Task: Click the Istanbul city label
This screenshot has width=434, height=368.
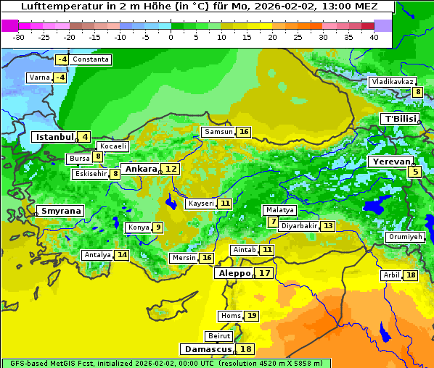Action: point(54,137)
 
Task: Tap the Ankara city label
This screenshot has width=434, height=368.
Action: point(141,169)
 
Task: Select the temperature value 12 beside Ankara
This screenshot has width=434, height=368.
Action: point(171,169)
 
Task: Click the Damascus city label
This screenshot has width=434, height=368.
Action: point(208,349)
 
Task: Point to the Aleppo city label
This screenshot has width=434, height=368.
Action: point(233,274)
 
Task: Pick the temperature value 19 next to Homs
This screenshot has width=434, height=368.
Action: point(251,316)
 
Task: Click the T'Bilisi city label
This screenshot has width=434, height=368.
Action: point(400,119)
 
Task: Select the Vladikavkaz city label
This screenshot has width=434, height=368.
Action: point(392,82)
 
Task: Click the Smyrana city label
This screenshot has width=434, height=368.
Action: point(61,211)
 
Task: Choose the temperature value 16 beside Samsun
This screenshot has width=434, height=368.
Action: point(243,132)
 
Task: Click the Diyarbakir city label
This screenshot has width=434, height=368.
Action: point(299,226)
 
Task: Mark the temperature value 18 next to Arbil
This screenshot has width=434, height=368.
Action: point(411,275)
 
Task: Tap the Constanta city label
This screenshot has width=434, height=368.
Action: point(91,59)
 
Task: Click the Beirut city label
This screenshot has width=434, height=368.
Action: point(219,336)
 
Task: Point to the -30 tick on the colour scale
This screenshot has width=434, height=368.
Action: point(19,37)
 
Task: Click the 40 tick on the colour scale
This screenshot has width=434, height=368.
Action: point(374,37)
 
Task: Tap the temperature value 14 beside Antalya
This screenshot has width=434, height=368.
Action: point(122,255)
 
